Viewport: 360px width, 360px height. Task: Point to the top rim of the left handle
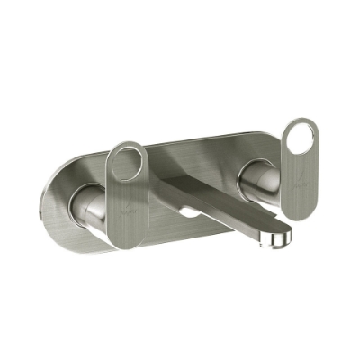click(125, 144)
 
